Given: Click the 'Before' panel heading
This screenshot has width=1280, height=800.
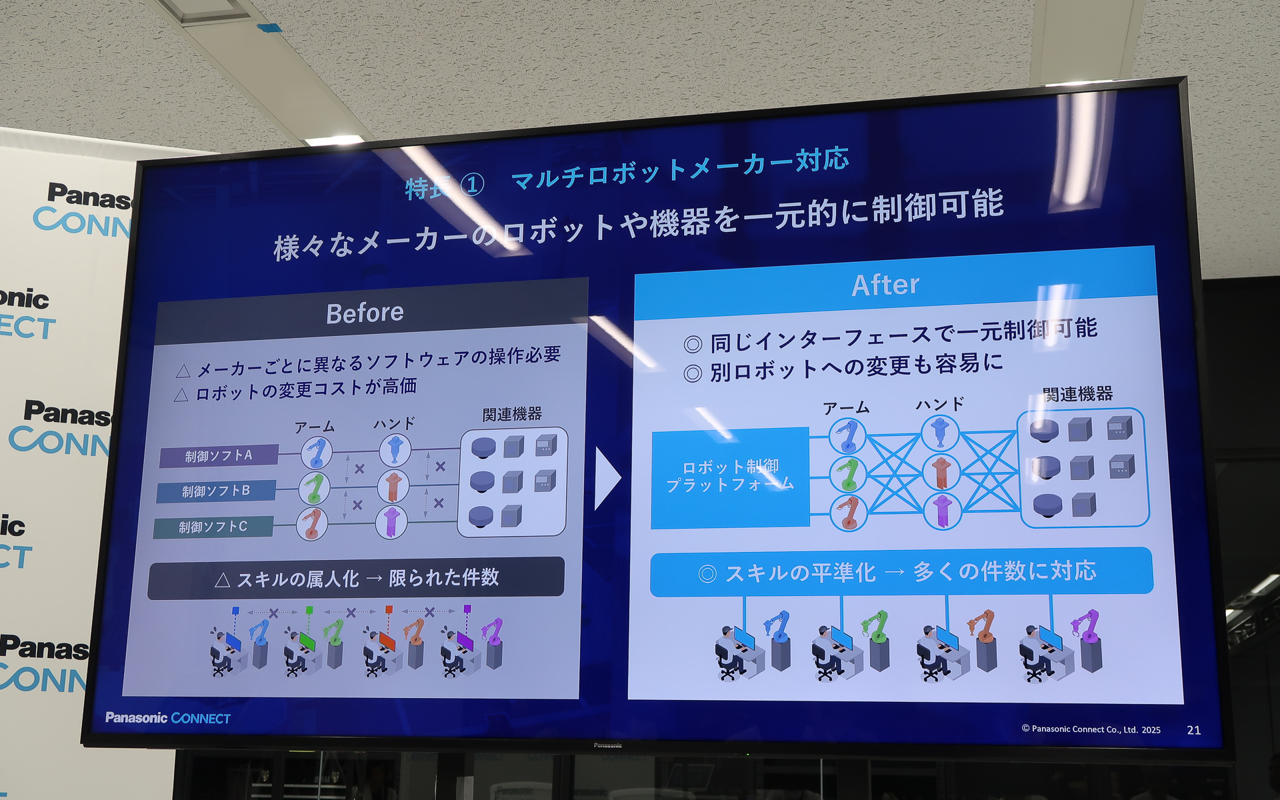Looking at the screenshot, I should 365,313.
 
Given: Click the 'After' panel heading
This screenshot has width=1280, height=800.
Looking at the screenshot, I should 885,285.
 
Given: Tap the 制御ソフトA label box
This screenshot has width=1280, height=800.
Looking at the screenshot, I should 219,456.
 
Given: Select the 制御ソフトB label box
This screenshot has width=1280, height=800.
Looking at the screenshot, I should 216,491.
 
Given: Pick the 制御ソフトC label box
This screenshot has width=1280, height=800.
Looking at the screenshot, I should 213,527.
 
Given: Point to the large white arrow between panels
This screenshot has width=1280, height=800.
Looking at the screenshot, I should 606,478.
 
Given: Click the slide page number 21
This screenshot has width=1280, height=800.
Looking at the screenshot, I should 1193,731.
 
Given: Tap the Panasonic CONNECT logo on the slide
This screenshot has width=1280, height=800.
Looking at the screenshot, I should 168,718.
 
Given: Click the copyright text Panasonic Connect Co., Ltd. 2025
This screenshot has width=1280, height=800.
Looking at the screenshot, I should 1091,729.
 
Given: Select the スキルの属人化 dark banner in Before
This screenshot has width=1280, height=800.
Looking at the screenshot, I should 357,578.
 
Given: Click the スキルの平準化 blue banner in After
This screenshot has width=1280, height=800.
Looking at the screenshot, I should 900,571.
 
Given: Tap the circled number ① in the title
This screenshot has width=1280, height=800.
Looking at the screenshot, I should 472,185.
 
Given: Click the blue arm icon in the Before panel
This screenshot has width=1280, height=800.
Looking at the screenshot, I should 316,453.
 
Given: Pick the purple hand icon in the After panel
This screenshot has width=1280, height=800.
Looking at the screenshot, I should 942,511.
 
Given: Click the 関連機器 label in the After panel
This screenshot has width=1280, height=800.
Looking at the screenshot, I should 1077,394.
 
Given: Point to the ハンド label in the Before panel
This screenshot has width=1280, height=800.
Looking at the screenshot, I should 393,423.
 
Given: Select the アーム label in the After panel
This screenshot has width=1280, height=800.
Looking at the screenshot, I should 845,407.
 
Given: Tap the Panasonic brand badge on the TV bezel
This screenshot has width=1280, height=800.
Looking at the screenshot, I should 607,745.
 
